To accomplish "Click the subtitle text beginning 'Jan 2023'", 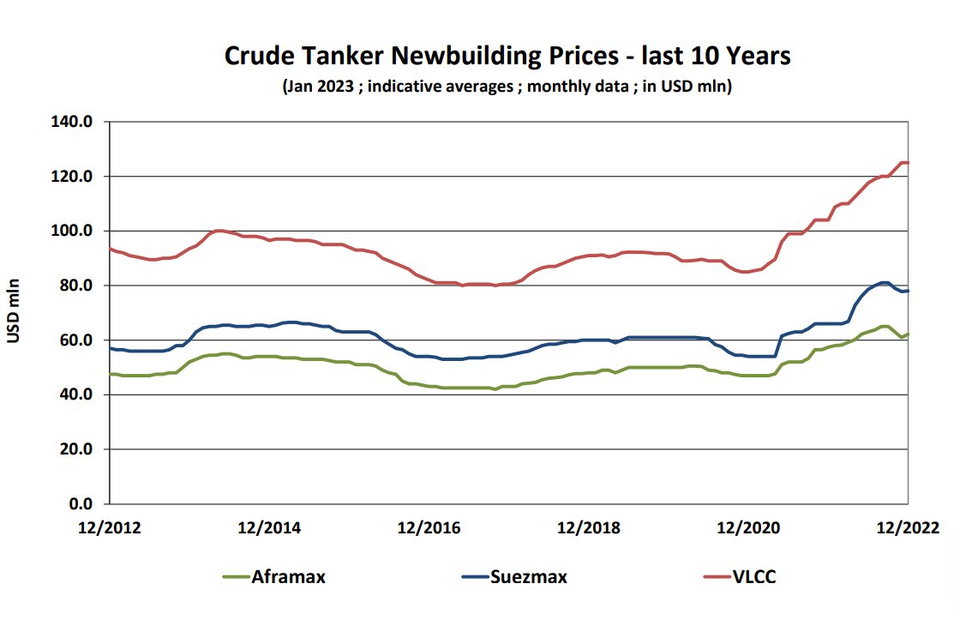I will [x=507, y=87].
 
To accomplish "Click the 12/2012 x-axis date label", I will [x=110, y=527].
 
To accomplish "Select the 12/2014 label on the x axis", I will [x=269, y=527].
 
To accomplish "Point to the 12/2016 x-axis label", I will [x=429, y=527].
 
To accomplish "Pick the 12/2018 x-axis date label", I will [x=588, y=527].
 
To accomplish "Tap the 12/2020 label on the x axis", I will [x=748, y=527].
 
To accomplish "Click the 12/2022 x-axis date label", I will [x=907, y=527].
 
